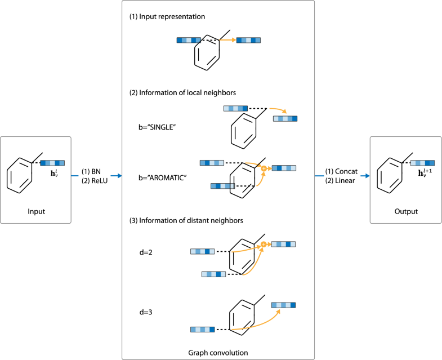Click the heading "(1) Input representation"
pos(167,17)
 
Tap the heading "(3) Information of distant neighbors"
pos(186,220)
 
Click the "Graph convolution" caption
pos(217,353)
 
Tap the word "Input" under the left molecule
pos(36,211)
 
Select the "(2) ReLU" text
pos(95,181)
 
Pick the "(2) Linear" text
pos(338,181)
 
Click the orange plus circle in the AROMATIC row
pos(263,168)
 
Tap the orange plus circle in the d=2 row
pos(263,245)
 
